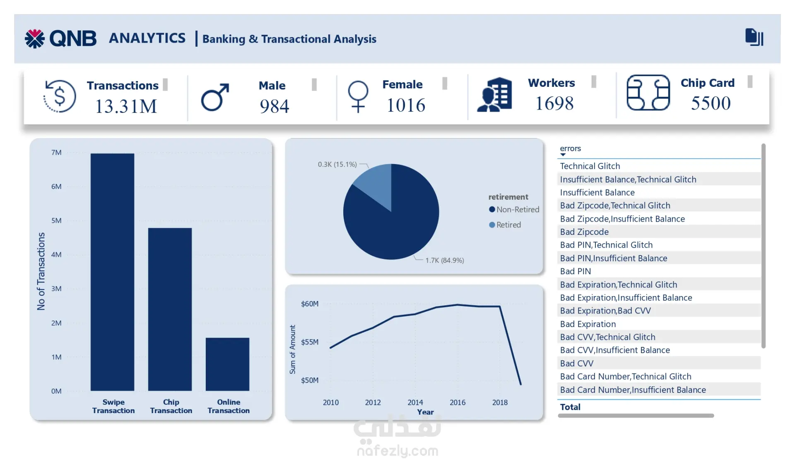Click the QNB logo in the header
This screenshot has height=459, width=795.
click(x=60, y=38)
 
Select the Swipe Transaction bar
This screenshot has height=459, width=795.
click(x=112, y=272)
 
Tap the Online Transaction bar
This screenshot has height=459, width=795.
click(x=227, y=364)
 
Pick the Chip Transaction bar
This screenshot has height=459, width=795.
click(x=170, y=309)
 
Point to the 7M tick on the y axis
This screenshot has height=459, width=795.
click(x=56, y=153)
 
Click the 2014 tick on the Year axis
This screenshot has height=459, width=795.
click(x=415, y=402)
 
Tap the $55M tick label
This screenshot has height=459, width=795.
click(x=310, y=342)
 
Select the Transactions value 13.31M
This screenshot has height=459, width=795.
click(x=126, y=106)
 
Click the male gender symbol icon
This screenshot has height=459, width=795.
click(x=215, y=98)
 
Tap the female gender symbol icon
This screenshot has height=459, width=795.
click(x=358, y=96)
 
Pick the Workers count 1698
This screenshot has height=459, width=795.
click(x=554, y=103)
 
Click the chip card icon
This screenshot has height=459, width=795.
click(x=648, y=93)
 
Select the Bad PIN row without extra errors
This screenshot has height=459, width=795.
click(x=575, y=271)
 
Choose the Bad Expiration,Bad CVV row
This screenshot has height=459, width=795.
click(x=605, y=311)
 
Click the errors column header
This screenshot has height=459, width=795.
click(x=570, y=148)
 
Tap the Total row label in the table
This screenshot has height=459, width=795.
click(x=570, y=407)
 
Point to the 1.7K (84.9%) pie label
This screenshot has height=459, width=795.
click(x=444, y=260)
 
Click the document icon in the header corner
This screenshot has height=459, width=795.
click(x=754, y=37)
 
